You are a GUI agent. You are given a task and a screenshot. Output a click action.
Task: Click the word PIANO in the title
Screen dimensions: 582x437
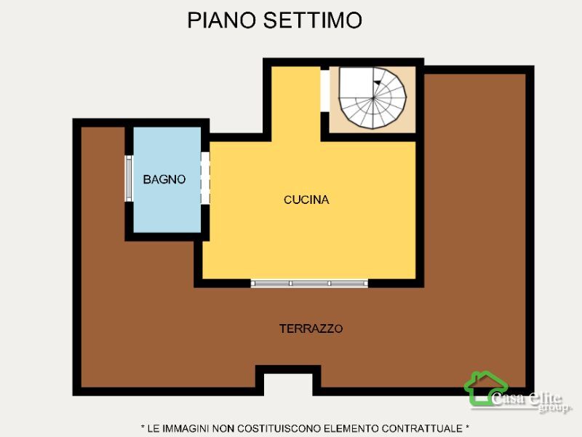[222, 20]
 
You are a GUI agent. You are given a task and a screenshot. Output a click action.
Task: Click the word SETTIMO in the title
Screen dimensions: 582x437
[313, 20]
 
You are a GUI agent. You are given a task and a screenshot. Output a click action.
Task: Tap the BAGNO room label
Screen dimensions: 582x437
[164, 179]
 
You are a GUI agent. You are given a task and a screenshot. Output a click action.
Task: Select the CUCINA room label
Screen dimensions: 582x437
[306, 200]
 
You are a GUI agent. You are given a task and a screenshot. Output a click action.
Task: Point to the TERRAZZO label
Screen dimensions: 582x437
[311, 328]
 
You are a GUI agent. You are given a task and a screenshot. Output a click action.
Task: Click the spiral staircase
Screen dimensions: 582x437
[372, 98]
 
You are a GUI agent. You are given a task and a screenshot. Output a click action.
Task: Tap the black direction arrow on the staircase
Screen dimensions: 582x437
[377, 82]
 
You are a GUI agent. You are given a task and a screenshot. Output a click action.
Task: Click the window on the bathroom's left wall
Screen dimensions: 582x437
[129, 178]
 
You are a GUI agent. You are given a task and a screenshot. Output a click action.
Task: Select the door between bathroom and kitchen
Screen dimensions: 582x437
[205, 178]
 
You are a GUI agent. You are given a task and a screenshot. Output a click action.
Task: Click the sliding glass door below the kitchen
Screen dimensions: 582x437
[309, 283]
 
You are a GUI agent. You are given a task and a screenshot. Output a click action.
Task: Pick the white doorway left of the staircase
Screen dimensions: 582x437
[324, 90]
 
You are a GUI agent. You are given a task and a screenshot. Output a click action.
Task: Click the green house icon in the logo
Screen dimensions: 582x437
[485, 388]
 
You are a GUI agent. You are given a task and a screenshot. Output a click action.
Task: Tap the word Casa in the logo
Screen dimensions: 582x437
[508, 398]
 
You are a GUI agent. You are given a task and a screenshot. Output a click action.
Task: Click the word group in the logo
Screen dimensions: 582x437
[554, 408]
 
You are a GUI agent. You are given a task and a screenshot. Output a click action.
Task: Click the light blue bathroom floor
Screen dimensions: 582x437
[167, 208]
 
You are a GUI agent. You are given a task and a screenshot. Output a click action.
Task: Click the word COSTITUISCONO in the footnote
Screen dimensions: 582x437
[279, 428]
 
